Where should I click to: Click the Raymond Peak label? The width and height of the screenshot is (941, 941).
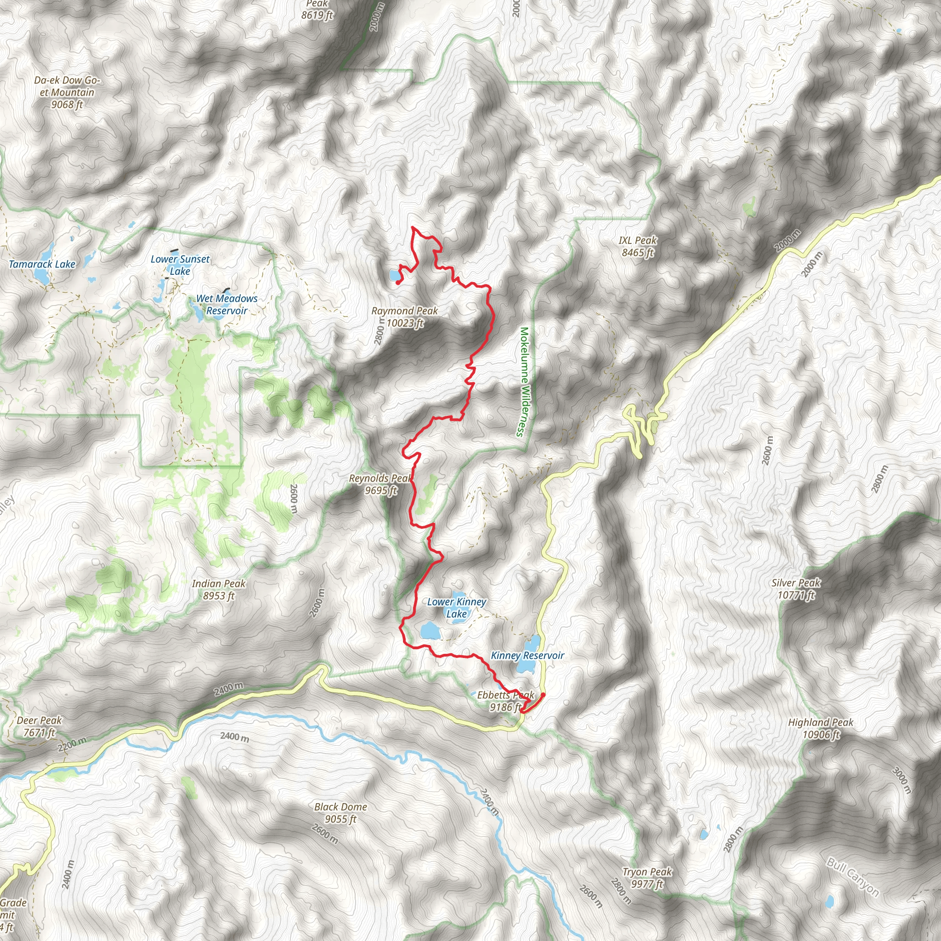point(405,317)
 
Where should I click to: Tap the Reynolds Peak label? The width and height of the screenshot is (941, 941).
point(380,484)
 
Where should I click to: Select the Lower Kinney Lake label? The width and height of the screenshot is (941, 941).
point(456,607)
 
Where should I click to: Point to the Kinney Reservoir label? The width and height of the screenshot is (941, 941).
point(527,656)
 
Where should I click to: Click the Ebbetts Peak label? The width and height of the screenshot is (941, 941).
point(505,701)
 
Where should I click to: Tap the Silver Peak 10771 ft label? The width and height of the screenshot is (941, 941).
point(796,589)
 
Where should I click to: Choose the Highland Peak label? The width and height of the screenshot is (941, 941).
point(821,728)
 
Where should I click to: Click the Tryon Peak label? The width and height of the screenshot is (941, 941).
point(647,878)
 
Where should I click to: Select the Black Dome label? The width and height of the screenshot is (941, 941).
point(340,813)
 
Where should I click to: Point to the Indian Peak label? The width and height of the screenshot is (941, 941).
point(219,590)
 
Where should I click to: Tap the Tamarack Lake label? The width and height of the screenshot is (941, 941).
point(42,264)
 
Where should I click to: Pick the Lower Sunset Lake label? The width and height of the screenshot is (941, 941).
point(180,265)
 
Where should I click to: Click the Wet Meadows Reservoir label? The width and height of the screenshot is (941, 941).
point(227,305)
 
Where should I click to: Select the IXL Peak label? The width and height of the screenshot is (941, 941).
point(638,246)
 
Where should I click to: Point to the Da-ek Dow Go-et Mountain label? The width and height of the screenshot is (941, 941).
point(67,92)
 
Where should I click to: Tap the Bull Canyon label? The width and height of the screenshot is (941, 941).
point(852,877)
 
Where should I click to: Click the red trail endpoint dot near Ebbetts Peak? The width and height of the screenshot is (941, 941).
point(543,695)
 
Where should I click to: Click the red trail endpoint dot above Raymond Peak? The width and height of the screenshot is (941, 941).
point(398,282)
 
